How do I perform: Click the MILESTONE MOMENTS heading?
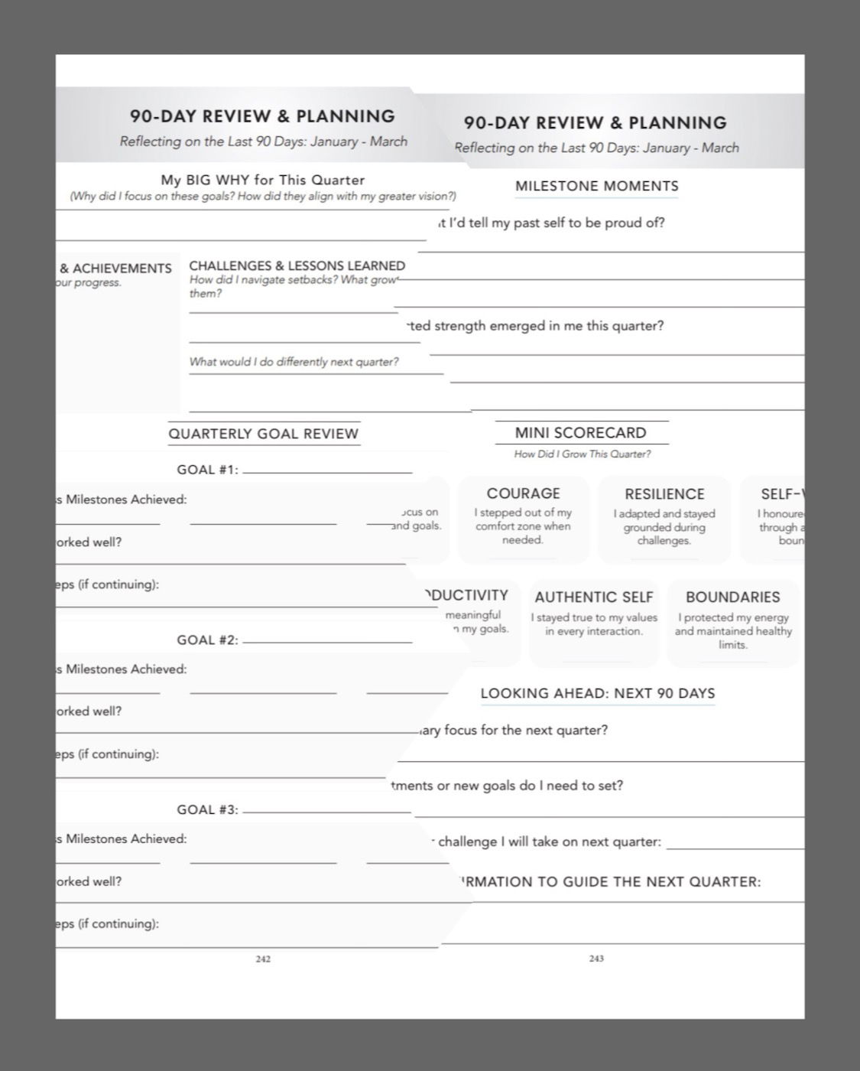(x=596, y=186)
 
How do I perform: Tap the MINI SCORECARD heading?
(x=580, y=432)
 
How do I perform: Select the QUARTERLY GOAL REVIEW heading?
(x=263, y=434)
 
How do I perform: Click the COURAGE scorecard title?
(x=523, y=493)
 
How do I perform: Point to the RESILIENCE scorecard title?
(x=664, y=494)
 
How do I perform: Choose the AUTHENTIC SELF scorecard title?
(x=594, y=597)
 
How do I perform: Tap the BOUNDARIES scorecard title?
(x=732, y=597)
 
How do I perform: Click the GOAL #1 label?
(x=207, y=470)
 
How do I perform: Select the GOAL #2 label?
(x=207, y=640)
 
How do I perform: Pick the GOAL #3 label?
(x=207, y=809)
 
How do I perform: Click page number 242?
(x=263, y=959)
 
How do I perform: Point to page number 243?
(x=596, y=959)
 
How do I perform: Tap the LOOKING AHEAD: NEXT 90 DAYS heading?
(x=598, y=694)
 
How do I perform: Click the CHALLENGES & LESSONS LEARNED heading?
(x=297, y=266)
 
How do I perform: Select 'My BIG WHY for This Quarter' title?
(x=262, y=180)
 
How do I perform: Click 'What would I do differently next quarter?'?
(x=294, y=362)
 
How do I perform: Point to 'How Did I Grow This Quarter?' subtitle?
(x=583, y=454)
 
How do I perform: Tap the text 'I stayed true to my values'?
(x=594, y=617)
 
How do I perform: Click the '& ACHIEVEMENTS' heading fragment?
(x=115, y=269)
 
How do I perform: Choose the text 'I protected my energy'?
(x=733, y=617)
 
